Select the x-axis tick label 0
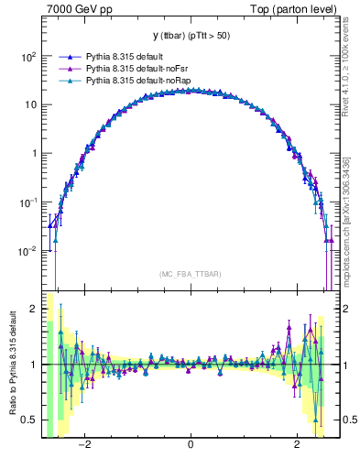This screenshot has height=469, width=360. coord(190,446)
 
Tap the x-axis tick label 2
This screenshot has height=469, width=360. coord(297,446)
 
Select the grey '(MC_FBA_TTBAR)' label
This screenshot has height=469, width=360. coord(190,274)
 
